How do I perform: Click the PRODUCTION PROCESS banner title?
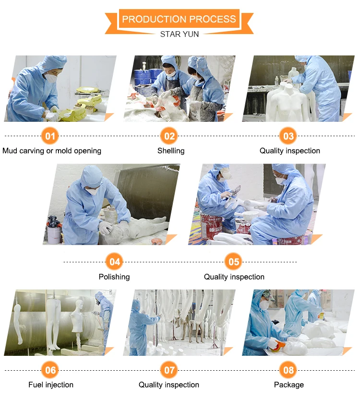click(179, 19)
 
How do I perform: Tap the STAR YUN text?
click(180, 34)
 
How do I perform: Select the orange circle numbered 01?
click(50, 136)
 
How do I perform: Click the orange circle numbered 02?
click(169, 136)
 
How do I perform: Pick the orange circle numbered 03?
click(288, 136)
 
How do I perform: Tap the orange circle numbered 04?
click(114, 261)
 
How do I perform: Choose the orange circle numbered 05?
click(234, 261)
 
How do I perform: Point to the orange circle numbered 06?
click(50, 370)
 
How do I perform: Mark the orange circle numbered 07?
click(169, 370)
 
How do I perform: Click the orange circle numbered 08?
click(288, 370)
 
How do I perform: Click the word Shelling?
click(171, 151)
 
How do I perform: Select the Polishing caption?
click(114, 277)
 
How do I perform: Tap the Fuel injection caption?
click(51, 385)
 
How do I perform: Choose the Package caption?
click(288, 385)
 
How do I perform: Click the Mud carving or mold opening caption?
click(52, 151)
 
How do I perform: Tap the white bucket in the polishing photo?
click(54, 235)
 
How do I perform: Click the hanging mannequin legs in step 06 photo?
click(54, 324)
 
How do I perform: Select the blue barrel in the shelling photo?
click(142, 77)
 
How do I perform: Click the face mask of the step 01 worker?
click(51, 77)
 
